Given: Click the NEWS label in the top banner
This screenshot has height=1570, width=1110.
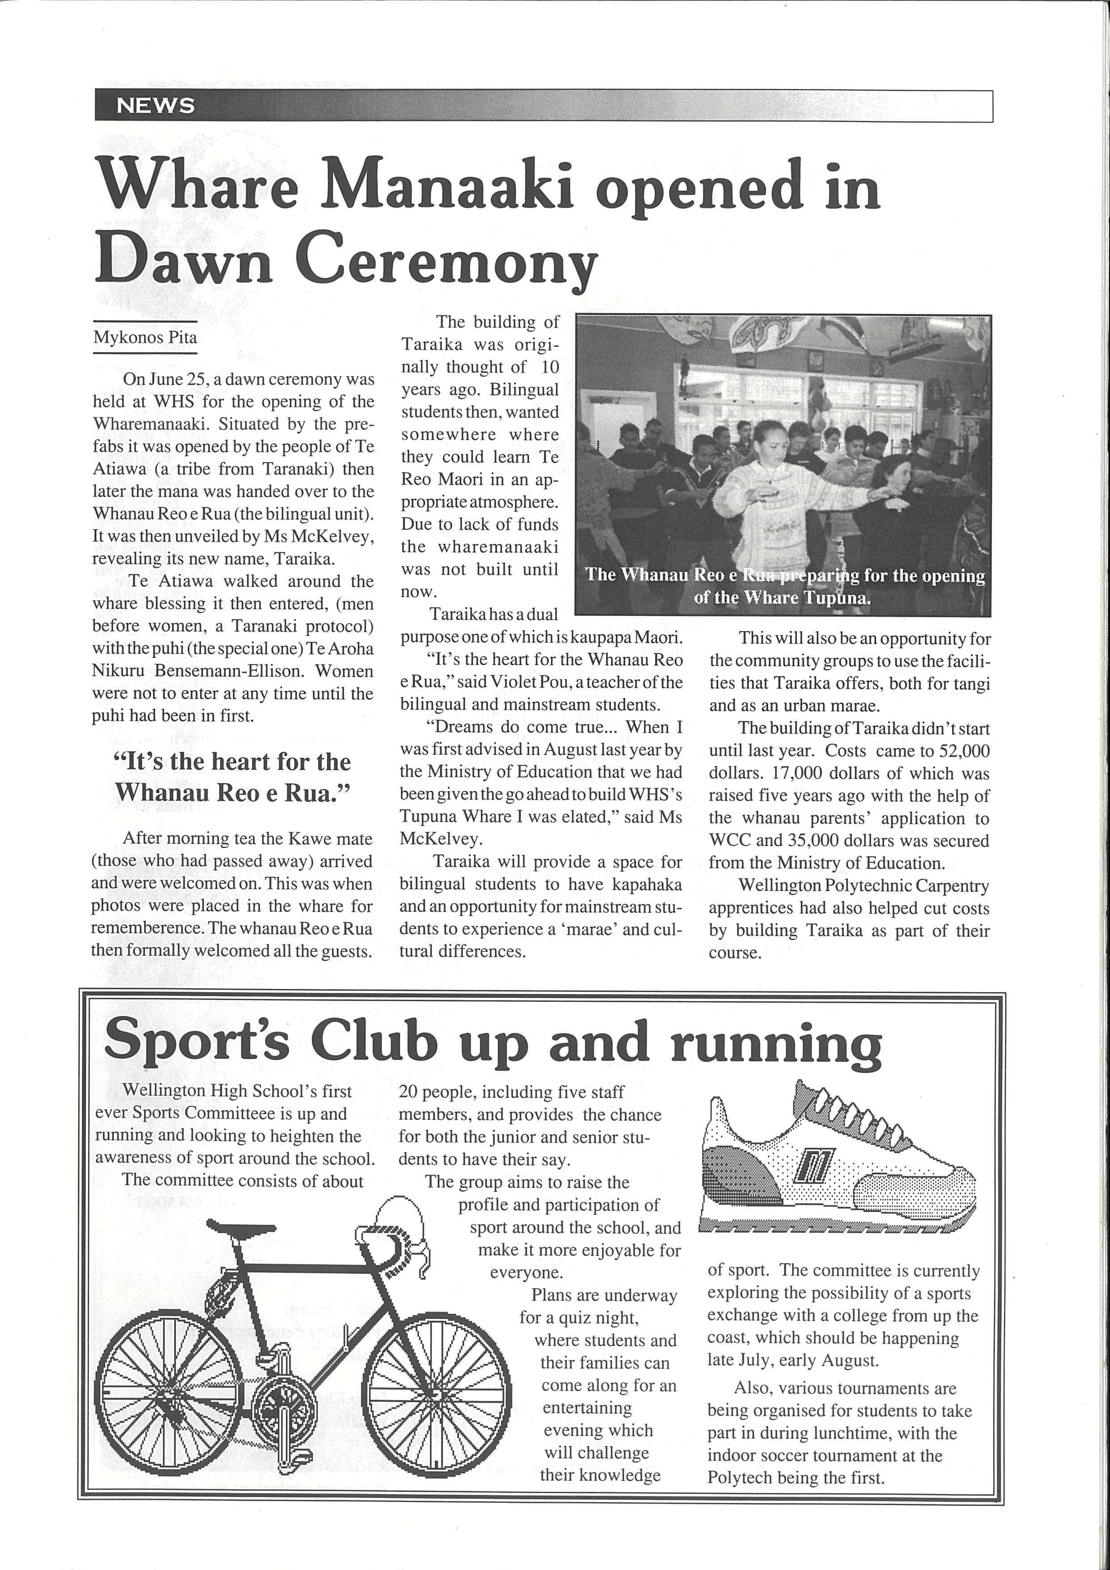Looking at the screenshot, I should [x=156, y=105].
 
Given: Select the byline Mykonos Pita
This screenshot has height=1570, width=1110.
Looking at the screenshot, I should [x=145, y=337].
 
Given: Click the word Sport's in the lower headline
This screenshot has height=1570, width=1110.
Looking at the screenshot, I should [x=197, y=1040].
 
